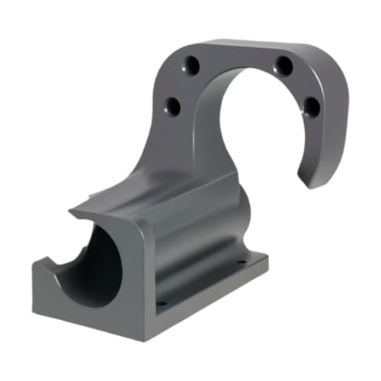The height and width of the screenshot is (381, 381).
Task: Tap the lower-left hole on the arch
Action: click(172, 107)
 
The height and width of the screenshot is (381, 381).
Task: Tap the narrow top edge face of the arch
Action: click(251, 46)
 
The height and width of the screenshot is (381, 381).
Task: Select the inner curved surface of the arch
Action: click(221, 114)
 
